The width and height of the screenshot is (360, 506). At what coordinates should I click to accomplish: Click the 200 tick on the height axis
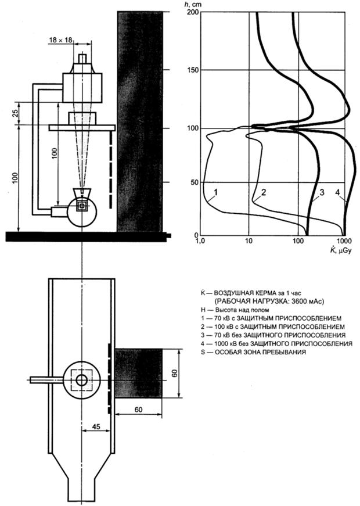click(x=189, y=12)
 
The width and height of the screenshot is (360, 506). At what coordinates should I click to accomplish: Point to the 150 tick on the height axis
click(x=189, y=70)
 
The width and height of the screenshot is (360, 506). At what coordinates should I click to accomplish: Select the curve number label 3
click(x=321, y=192)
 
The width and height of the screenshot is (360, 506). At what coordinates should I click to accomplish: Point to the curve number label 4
click(x=338, y=192)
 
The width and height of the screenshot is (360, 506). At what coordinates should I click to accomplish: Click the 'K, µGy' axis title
click(x=339, y=250)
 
